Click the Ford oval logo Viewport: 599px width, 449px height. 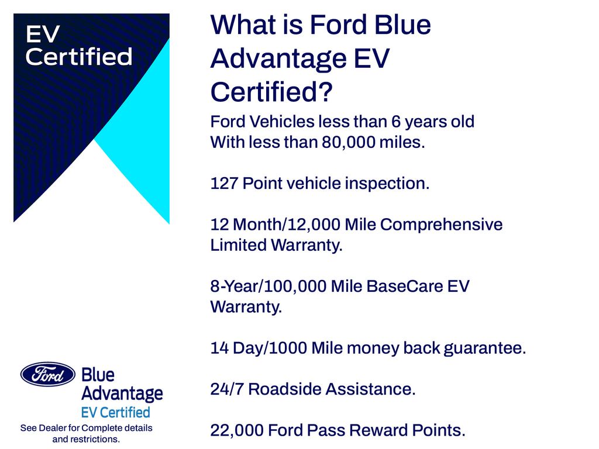click(x=48, y=374)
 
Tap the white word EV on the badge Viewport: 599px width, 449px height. click(x=43, y=34)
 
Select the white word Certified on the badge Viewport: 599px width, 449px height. click(x=79, y=57)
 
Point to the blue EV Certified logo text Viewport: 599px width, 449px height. click(x=116, y=412)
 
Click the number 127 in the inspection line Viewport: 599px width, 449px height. click(x=224, y=183)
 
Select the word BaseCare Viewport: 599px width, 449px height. click(x=405, y=286)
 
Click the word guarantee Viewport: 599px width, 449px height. click(x=485, y=348)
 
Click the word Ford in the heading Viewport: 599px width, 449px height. click(x=339, y=25)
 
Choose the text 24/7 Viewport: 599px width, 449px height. click(x=227, y=389)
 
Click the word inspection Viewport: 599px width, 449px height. click(x=387, y=184)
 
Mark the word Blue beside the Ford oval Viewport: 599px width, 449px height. click(x=98, y=375)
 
